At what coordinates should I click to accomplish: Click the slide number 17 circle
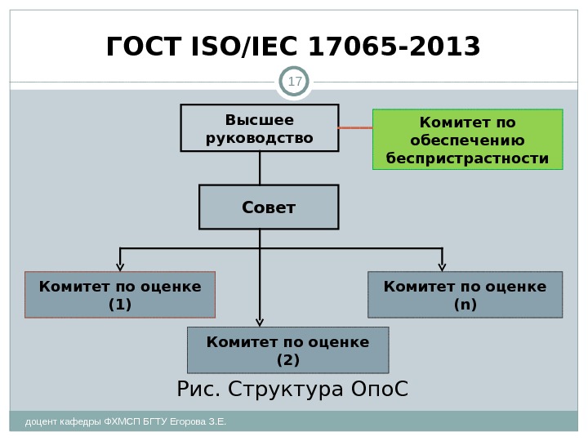(294, 82)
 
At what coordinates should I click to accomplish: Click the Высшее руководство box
(260, 129)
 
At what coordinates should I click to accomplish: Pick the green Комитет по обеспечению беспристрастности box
(467, 140)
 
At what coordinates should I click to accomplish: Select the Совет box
(268, 207)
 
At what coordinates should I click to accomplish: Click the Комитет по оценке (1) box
(120, 295)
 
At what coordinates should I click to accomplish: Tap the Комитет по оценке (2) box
(287, 350)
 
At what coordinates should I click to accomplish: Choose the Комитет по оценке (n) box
(465, 295)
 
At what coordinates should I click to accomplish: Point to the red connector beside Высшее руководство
(355, 129)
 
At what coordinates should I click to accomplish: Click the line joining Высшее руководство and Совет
(260, 169)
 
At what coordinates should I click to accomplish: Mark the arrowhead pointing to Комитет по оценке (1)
(120, 265)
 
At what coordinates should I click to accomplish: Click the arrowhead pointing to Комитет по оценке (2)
(260, 321)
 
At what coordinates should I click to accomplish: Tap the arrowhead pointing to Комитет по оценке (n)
(443, 265)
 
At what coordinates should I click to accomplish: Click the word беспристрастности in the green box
(467, 158)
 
